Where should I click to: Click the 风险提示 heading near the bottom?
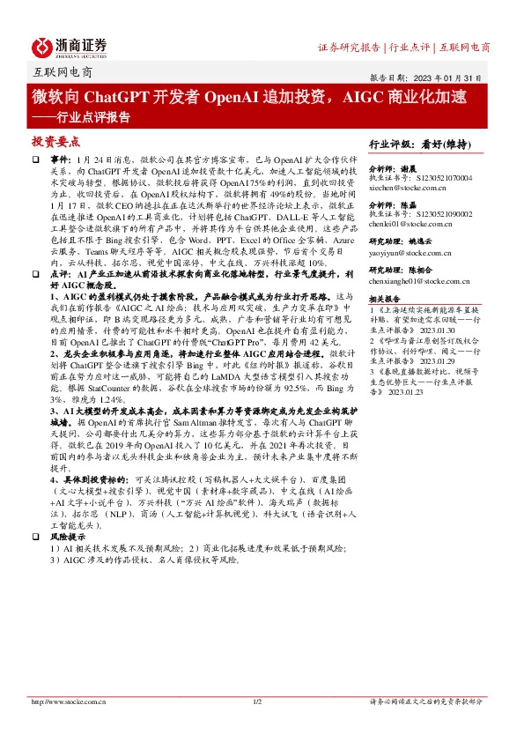coord(69,512)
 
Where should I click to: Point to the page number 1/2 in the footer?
coord(258,701)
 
